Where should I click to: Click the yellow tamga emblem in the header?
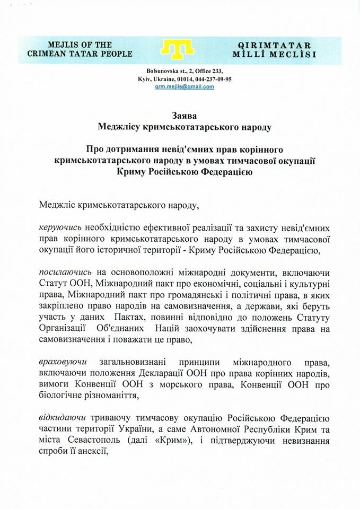(x=180, y=49)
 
